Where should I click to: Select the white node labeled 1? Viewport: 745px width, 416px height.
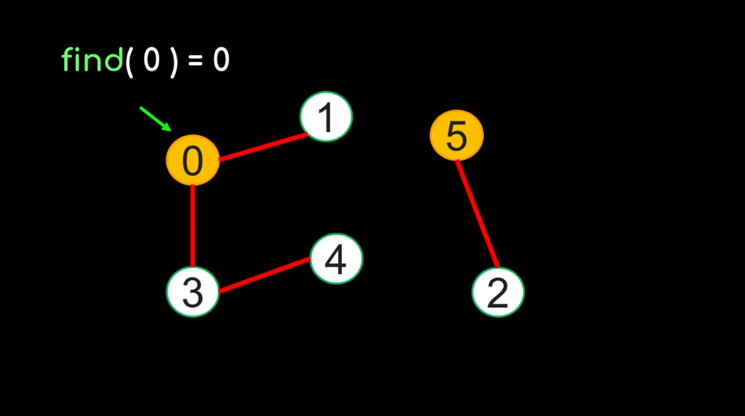click(326, 117)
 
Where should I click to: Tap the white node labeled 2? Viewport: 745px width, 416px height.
click(498, 292)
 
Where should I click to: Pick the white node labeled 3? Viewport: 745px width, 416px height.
click(193, 292)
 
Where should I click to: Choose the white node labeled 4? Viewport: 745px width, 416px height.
click(336, 259)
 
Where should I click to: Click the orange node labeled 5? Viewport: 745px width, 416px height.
click(456, 136)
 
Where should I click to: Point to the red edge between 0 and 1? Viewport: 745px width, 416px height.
click(263, 148)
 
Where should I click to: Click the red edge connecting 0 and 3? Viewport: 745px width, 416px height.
click(193, 226)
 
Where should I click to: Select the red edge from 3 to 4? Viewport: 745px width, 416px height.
click(265, 276)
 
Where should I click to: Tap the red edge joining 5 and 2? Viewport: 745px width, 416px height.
click(478, 213)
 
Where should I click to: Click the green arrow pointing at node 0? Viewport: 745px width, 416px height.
click(155, 119)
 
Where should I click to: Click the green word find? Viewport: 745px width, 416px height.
click(92, 60)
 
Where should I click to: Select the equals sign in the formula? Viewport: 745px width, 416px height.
click(196, 61)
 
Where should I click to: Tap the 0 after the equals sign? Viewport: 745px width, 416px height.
click(221, 60)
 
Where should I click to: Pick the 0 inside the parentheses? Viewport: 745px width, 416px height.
click(151, 60)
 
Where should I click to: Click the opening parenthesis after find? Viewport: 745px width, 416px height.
click(130, 61)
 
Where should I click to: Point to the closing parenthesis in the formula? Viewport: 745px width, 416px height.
click(174, 61)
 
